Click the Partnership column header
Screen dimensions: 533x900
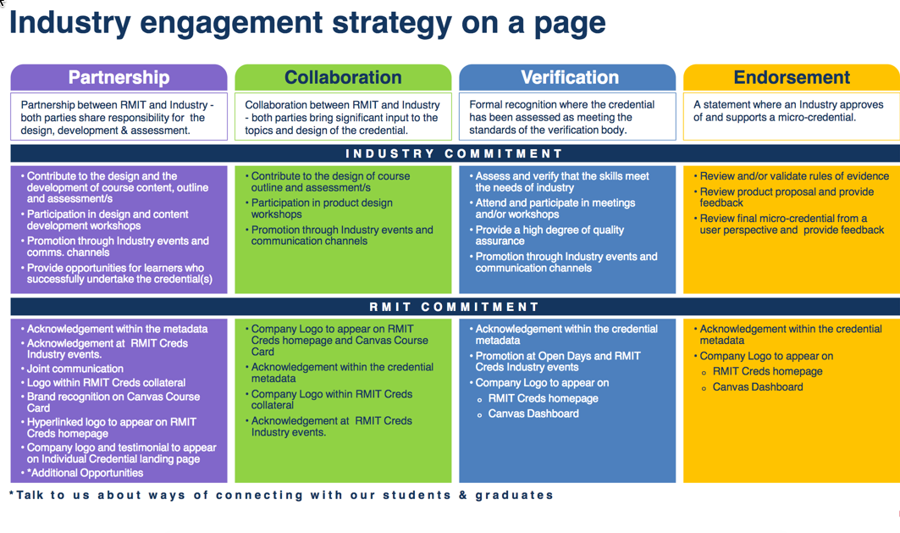click(119, 78)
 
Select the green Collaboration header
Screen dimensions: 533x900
click(343, 78)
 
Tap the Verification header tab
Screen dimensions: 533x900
click(569, 78)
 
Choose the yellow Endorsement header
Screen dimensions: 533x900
click(792, 78)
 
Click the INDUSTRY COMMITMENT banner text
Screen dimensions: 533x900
click(454, 153)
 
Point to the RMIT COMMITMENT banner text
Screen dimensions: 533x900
click(454, 307)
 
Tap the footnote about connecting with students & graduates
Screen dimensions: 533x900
click(282, 495)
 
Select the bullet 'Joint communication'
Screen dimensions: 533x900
click(75, 369)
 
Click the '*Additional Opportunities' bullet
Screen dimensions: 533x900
click(85, 473)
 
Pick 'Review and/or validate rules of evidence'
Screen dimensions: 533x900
click(793, 176)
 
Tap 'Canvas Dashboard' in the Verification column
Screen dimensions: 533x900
click(533, 414)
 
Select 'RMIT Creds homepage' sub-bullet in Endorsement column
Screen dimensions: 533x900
click(767, 371)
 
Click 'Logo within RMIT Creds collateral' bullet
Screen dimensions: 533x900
click(106, 382)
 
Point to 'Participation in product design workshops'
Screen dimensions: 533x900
click(322, 208)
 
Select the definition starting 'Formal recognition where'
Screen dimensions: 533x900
click(561, 117)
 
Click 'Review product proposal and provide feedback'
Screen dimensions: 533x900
click(786, 197)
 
